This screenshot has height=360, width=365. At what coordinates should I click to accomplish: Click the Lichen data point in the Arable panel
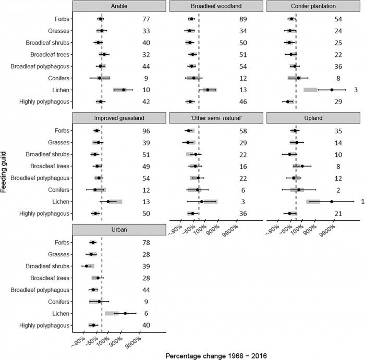(x=124, y=90)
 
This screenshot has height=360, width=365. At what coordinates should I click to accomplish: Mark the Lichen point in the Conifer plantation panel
(x=332, y=90)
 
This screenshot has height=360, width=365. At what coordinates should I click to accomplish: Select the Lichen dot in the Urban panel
(x=125, y=313)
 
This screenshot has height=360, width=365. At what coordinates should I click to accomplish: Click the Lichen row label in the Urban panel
(x=60, y=313)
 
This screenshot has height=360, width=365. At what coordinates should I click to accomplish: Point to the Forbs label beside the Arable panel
(x=62, y=19)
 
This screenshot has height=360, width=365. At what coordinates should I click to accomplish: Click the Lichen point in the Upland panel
(x=332, y=202)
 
